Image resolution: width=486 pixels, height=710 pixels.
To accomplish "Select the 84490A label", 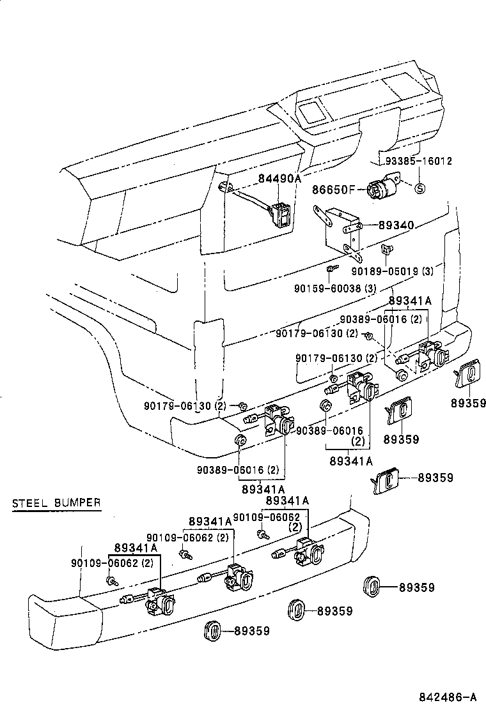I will [279, 179].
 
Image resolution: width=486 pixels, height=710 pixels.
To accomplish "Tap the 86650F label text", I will [333, 189].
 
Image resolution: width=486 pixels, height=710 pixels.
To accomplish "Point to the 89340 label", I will [396, 225].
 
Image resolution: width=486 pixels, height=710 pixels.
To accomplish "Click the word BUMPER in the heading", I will [78, 502].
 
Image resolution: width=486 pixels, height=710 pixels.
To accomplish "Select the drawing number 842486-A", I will [448, 696].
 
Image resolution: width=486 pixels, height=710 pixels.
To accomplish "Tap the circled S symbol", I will [420, 188].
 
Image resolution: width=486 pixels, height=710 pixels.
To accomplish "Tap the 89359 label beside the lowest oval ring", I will [251, 631].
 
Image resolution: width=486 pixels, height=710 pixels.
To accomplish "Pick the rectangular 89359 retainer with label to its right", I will [387, 479].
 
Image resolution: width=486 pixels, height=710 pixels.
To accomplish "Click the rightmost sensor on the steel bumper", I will [306, 552].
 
